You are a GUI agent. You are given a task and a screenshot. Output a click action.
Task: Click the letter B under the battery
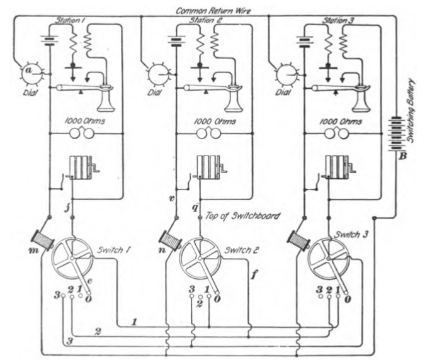click(x=397, y=157)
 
